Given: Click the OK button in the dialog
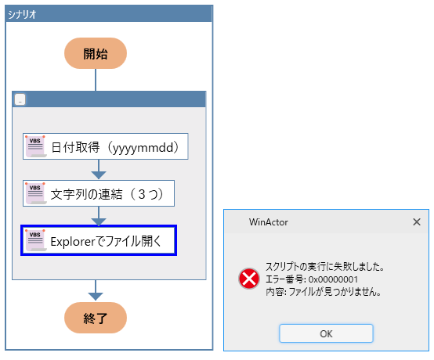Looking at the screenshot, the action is [x=326, y=333].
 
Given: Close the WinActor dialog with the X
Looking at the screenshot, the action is [x=417, y=221].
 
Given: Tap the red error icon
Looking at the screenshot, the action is [x=249, y=279].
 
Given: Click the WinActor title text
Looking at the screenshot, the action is [x=268, y=222].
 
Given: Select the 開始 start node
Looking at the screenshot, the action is [x=96, y=53].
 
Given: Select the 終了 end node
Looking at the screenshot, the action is [x=96, y=318].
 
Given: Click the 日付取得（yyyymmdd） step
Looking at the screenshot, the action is [x=106, y=146].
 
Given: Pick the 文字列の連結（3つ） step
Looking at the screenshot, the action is [x=99, y=193].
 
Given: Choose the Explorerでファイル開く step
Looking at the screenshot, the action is [x=99, y=240].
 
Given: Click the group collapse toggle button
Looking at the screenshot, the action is [x=20, y=99].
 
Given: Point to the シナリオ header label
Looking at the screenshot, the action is [x=22, y=14].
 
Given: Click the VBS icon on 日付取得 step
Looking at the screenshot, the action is [x=35, y=146].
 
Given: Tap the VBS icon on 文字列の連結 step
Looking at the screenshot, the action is [x=35, y=193].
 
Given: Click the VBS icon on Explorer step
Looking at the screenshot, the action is [x=35, y=240].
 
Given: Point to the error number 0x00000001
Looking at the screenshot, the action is [x=333, y=279].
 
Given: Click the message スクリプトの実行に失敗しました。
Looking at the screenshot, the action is [x=325, y=267].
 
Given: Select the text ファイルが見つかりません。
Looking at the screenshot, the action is [x=335, y=292].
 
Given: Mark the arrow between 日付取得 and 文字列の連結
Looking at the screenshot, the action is [x=99, y=169].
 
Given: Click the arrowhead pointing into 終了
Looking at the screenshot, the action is [x=96, y=297].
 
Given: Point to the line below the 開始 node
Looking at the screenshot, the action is [x=96, y=80].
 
